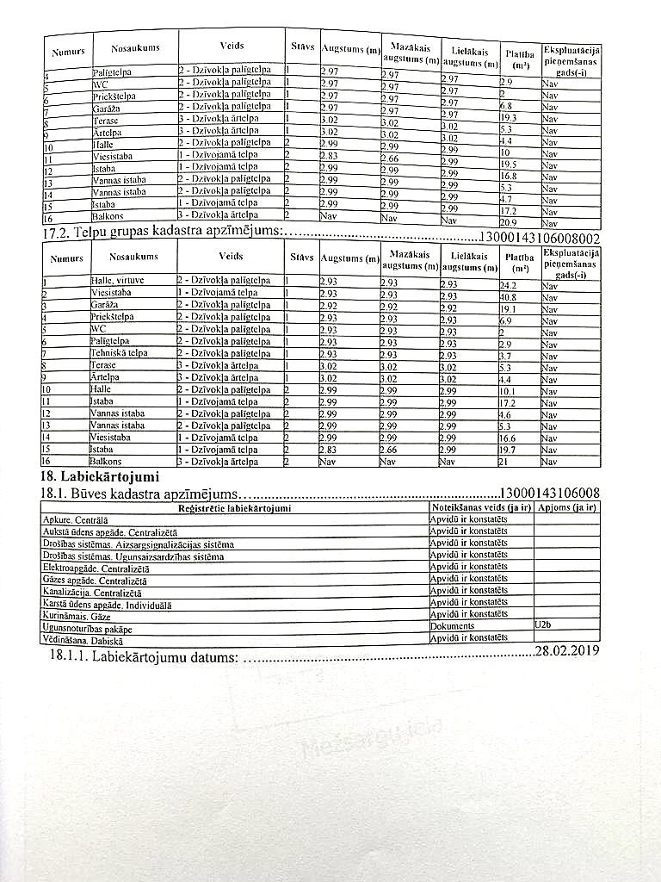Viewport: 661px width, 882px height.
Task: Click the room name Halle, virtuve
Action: coord(118,281)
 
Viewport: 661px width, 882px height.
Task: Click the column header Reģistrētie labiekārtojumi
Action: coord(233,508)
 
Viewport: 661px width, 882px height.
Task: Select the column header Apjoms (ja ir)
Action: coord(566,508)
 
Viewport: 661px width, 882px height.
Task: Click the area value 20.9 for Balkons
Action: coord(510,223)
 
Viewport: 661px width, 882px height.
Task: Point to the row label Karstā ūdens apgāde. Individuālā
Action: coord(107,605)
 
